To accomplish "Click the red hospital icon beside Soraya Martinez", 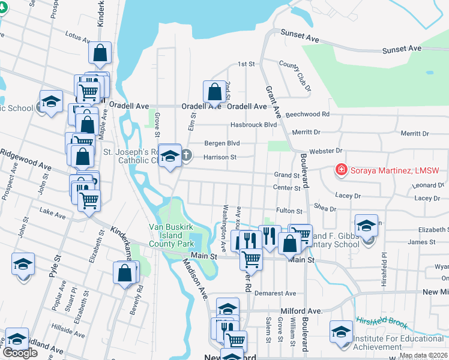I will click(342, 170).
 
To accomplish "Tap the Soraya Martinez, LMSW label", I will click(393, 170).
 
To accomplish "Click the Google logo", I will click(20, 353).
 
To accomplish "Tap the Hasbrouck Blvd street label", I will click(254, 125).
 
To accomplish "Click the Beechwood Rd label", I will click(308, 113).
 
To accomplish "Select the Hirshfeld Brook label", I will click(382, 322).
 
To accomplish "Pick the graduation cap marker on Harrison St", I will click(170, 156).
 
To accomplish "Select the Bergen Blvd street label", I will click(221, 143).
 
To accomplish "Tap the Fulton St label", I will click(289, 211).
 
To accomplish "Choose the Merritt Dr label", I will click(306, 131).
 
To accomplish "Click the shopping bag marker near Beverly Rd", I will click(125, 273).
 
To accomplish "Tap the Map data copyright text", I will click(423, 355).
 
